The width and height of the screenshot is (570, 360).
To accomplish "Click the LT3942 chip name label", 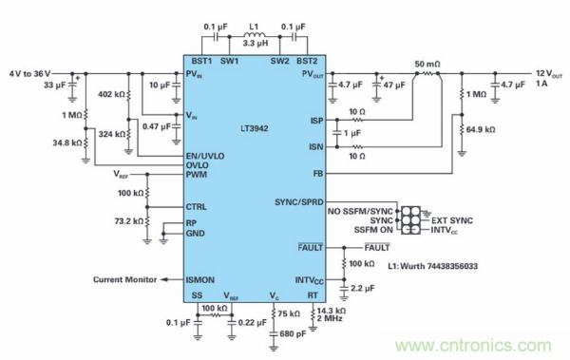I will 259,127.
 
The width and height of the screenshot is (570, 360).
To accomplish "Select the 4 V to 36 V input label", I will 28,72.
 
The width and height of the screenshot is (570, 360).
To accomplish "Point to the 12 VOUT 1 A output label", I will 547,77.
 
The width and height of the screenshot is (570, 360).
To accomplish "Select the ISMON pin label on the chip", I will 202,279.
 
